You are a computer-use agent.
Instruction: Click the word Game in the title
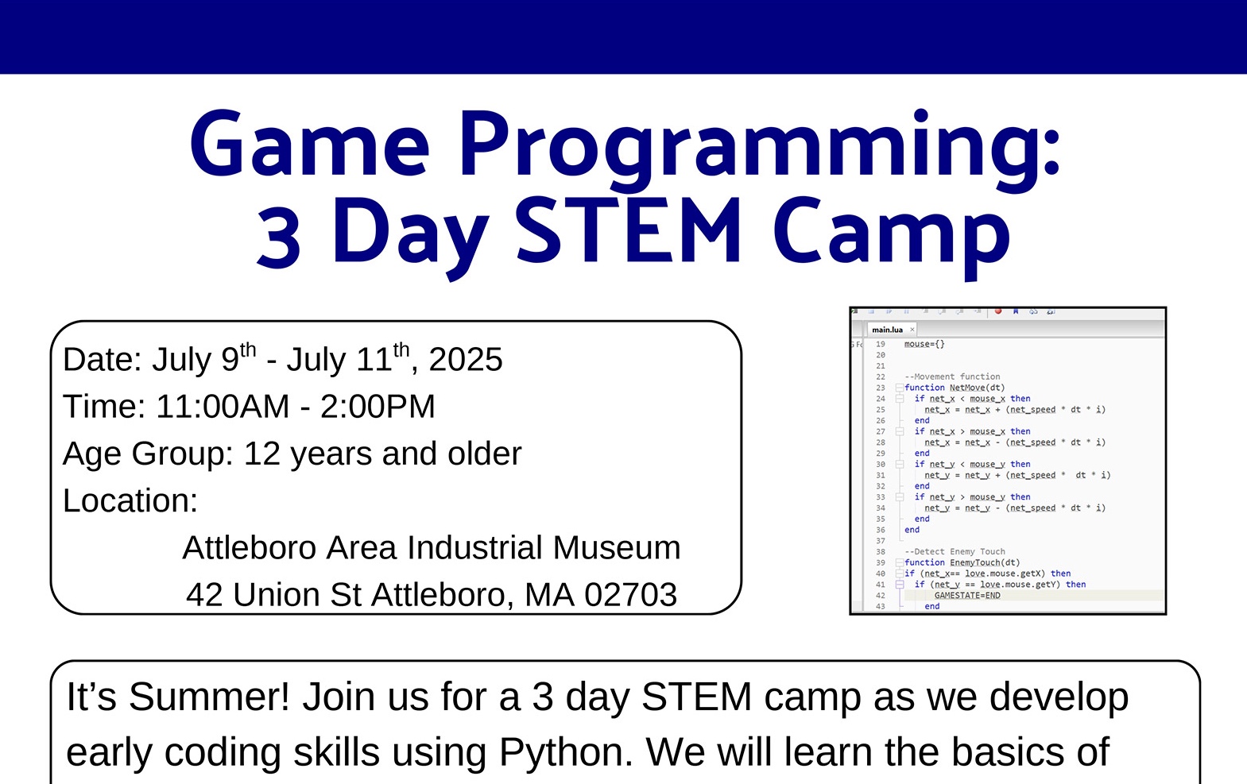pyautogui.click(x=310, y=145)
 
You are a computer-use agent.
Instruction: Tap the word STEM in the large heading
pyautogui.click(x=629, y=232)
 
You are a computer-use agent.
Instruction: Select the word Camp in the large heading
pyautogui.click(x=890, y=234)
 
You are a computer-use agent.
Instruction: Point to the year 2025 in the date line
pyautogui.click(x=466, y=360)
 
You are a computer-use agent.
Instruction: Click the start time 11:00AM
pyautogui.click(x=223, y=407)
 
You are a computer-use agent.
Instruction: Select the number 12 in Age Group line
pyautogui.click(x=262, y=454)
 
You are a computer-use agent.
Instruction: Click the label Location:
pyautogui.click(x=130, y=501)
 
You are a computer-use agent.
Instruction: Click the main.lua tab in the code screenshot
pyautogui.click(x=887, y=330)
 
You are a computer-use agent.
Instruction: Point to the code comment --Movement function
pyautogui.click(x=952, y=377)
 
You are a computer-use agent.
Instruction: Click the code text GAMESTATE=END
pyautogui.click(x=966, y=595)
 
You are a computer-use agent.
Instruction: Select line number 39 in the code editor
pyautogui.click(x=881, y=562)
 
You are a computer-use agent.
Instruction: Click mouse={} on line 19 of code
pyautogui.click(x=924, y=344)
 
